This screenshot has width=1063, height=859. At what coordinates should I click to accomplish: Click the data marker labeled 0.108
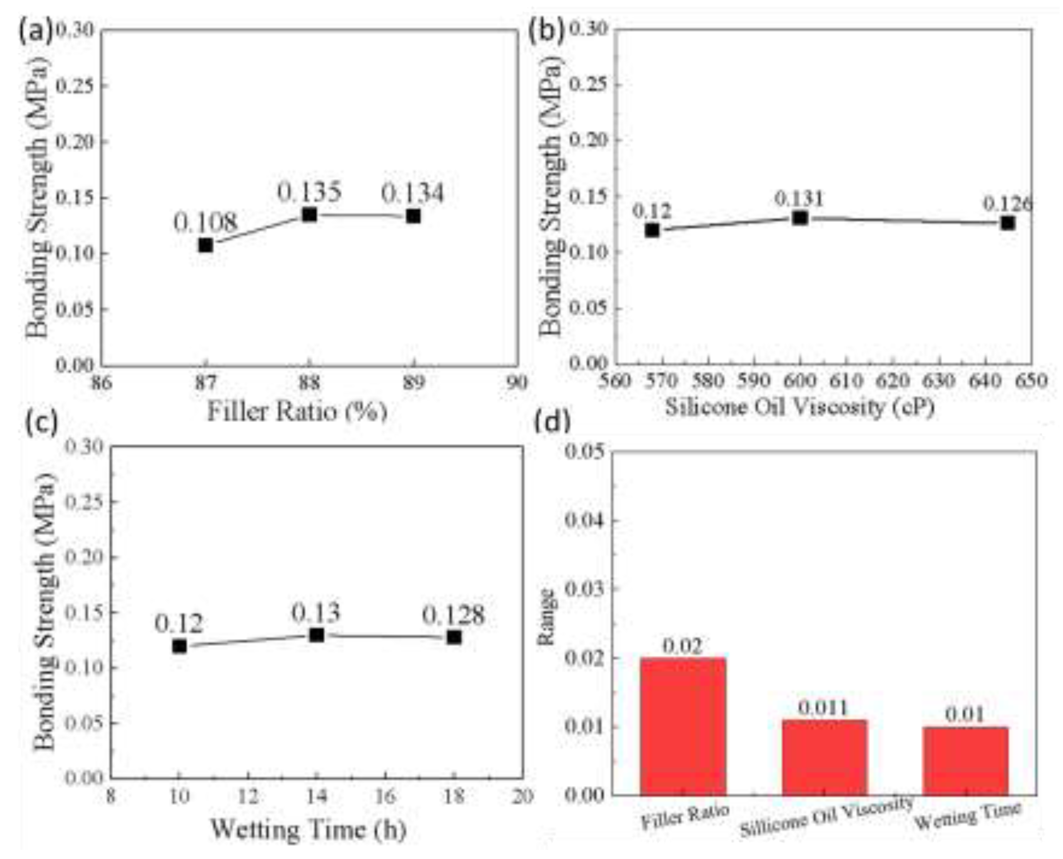[x=206, y=245]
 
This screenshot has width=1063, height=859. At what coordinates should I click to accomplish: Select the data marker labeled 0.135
[x=309, y=214]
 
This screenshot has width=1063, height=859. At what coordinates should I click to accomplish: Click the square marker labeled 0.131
[x=800, y=218]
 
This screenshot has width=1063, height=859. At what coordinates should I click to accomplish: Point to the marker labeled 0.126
[x=1008, y=223]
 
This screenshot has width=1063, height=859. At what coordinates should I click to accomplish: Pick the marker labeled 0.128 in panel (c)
[x=454, y=637]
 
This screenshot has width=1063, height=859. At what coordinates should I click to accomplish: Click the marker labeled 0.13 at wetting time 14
[x=317, y=634]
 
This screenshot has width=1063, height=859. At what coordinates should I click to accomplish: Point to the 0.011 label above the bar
[x=824, y=708]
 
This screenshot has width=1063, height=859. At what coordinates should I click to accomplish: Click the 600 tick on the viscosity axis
[x=800, y=381]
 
